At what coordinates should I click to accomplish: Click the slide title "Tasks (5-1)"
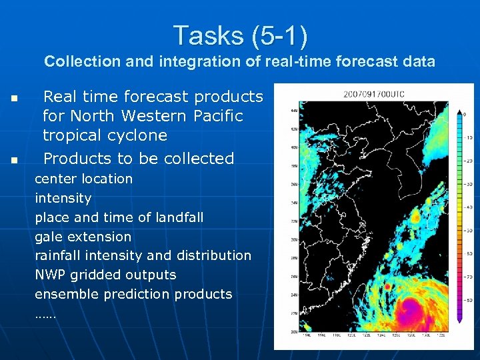240,35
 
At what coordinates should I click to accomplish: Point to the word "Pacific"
217,116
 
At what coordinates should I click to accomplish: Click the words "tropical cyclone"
105,135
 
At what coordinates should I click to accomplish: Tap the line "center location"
83,179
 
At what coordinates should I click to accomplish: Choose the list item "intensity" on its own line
63,198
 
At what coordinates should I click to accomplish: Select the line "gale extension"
83,237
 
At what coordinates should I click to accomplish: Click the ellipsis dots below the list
45,314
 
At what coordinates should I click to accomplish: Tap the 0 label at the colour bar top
464,114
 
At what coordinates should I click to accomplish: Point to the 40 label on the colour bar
469,207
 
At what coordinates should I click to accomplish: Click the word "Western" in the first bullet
152,116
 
